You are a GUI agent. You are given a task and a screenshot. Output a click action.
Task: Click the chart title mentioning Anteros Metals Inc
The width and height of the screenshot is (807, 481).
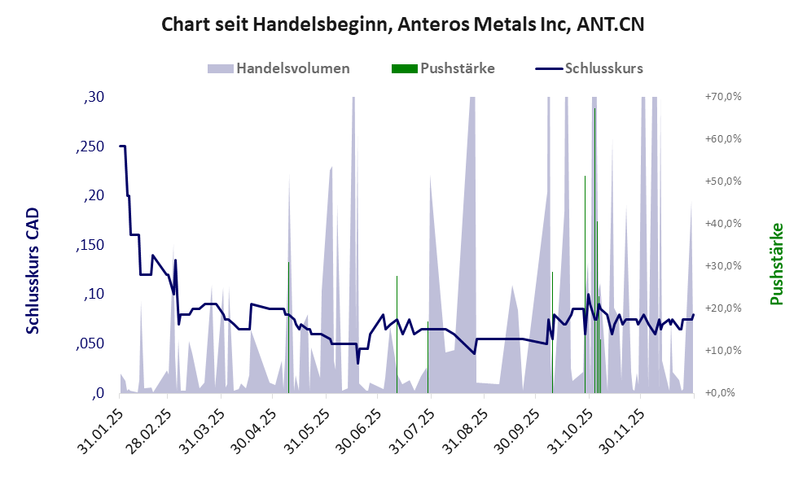(x=403, y=24)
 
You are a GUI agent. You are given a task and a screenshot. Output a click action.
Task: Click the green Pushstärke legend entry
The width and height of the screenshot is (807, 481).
(x=444, y=68)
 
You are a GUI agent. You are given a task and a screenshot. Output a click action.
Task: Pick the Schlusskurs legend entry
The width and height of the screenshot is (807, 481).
(x=590, y=68)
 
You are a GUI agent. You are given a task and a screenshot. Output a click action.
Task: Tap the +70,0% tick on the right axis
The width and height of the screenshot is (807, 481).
(x=722, y=96)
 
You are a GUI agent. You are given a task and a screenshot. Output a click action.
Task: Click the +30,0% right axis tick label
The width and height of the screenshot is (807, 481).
(x=722, y=265)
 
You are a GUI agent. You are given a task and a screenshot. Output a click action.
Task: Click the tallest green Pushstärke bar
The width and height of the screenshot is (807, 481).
(x=594, y=244)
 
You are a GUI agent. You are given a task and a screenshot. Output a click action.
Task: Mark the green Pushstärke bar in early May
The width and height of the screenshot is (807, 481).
(x=288, y=326)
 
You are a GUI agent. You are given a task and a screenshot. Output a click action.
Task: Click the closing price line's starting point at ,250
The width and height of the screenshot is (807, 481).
(x=121, y=146)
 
